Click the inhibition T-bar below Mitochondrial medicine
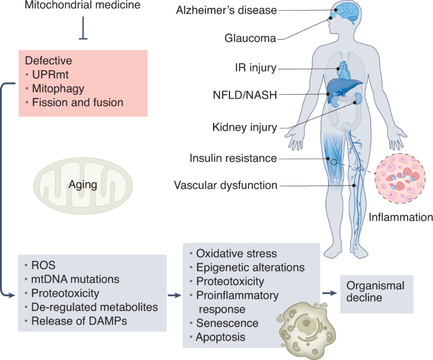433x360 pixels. pos(83,32)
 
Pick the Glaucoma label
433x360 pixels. pos(250,38)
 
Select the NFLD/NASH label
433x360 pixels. pos(245,95)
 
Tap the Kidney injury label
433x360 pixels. pos(245,127)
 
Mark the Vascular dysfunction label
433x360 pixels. pos(225,185)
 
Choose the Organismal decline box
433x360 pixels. pos(377,294)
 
